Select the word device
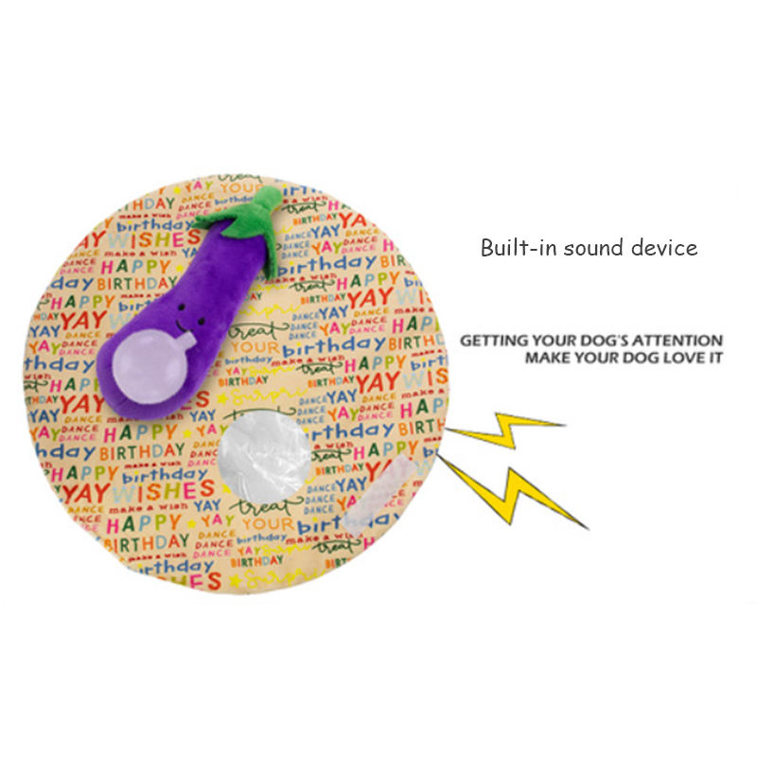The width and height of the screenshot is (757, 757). click(x=664, y=248)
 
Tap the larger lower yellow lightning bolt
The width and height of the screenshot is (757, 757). click(x=516, y=492)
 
